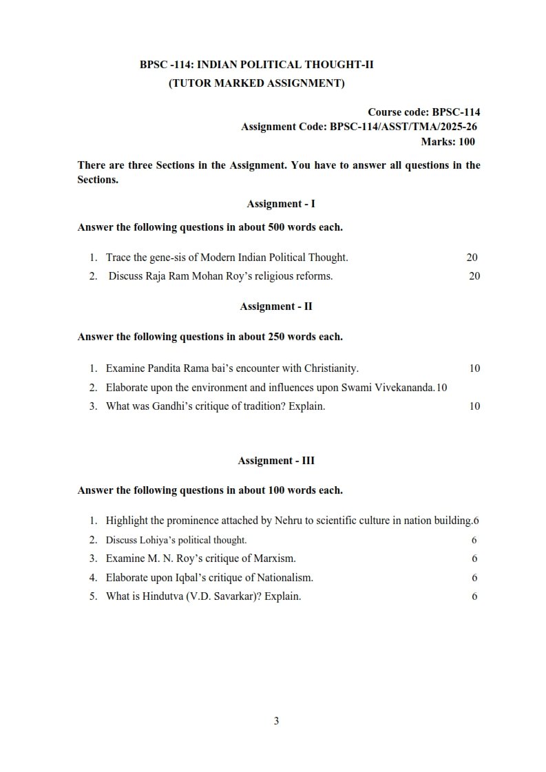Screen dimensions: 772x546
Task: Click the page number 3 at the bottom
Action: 276,721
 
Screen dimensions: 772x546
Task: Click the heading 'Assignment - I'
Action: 281,204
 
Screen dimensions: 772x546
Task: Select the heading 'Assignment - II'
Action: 276,306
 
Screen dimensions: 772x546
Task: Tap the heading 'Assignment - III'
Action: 276,461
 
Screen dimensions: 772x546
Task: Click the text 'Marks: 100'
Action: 448,142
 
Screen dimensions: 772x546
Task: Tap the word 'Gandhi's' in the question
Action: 156,406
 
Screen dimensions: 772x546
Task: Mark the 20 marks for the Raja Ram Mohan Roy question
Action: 474,276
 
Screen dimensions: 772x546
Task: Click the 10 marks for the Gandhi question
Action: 474,406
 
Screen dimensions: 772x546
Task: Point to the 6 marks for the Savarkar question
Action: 474,597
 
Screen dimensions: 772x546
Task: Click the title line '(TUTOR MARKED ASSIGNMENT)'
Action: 257,84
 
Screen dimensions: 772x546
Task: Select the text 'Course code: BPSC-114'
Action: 423,112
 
